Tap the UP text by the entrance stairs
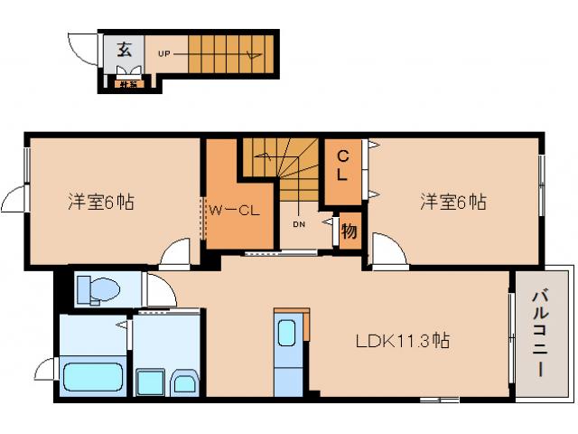tap(165, 52)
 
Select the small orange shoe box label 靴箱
tap(128, 85)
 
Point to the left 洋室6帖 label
tap(100, 202)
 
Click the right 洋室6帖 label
tap(452, 202)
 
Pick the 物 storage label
tap(349, 231)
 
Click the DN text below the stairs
tap(298, 222)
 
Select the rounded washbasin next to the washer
tap(184, 382)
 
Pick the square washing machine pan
tap(150, 382)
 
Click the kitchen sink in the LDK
tap(286, 333)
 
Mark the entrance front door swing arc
tap(87, 51)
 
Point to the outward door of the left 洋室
tap(16, 199)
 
